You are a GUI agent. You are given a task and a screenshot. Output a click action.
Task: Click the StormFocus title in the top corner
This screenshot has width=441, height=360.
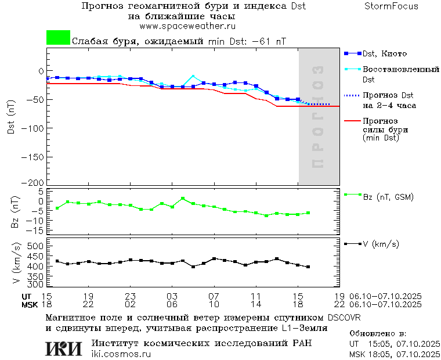point(391,6)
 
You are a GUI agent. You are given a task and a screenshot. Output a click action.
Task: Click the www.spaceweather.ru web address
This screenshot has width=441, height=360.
point(187,26)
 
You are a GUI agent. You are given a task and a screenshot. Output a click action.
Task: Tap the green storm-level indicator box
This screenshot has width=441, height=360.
point(58,38)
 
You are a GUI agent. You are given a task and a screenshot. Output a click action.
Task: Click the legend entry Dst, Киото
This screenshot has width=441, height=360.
point(385,53)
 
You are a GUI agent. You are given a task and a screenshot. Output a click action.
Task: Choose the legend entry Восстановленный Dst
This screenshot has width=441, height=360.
point(400,74)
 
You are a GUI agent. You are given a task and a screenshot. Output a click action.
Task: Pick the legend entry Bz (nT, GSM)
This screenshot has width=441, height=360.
point(388,197)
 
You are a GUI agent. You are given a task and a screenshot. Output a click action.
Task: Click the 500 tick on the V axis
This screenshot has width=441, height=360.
point(36,246)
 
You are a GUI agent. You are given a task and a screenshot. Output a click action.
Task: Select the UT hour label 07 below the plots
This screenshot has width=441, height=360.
point(214,296)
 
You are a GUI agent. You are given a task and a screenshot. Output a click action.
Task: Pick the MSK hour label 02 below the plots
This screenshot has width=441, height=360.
point(130,304)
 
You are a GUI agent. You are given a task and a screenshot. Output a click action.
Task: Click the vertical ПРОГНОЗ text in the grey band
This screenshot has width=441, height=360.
point(317,117)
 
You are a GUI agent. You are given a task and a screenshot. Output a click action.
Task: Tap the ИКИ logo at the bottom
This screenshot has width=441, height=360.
point(63,348)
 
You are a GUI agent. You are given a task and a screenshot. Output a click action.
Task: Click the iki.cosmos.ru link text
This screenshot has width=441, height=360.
point(121,354)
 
